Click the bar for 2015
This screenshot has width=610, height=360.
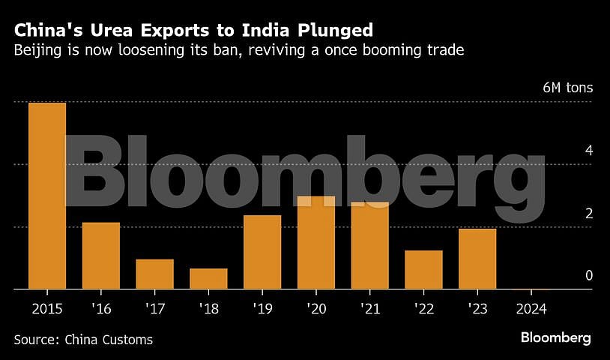pyautogui.click(x=47, y=196)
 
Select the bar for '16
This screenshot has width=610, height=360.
pyautogui.click(x=101, y=256)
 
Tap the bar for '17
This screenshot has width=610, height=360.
pyautogui.click(x=155, y=274)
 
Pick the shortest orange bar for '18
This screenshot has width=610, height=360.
pyautogui.click(x=208, y=279)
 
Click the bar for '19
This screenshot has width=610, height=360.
pyautogui.click(x=262, y=252)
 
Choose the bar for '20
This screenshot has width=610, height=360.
pyautogui.click(x=316, y=243)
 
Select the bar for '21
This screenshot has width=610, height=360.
pyautogui.click(x=370, y=246)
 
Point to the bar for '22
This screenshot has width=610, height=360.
pyautogui.click(x=423, y=270)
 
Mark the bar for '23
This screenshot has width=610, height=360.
pyautogui.click(x=477, y=259)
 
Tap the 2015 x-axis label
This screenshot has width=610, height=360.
pyautogui.click(x=47, y=308)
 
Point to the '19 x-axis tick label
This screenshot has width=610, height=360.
pyautogui.click(x=262, y=308)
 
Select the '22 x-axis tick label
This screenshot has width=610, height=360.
pyautogui.click(x=423, y=308)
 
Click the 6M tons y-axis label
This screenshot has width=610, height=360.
pyautogui.click(x=567, y=88)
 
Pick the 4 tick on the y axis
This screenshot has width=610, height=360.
pyautogui.click(x=589, y=151)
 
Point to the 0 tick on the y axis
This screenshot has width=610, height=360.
pyautogui.click(x=589, y=275)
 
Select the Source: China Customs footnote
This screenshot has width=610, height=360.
pyautogui.click(x=83, y=340)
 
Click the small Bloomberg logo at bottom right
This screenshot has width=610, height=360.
pyautogui.click(x=556, y=338)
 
